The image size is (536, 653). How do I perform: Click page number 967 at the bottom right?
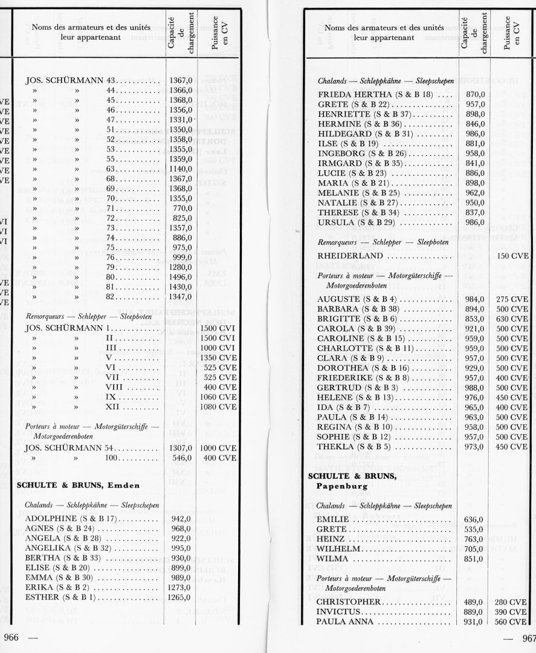coord(527,638)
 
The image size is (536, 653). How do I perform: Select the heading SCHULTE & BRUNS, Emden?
coord(79,484)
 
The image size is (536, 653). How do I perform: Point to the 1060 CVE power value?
coord(218,396)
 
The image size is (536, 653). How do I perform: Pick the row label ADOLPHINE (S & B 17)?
coord(68,518)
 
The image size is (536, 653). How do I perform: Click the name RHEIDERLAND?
coord(350,256)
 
